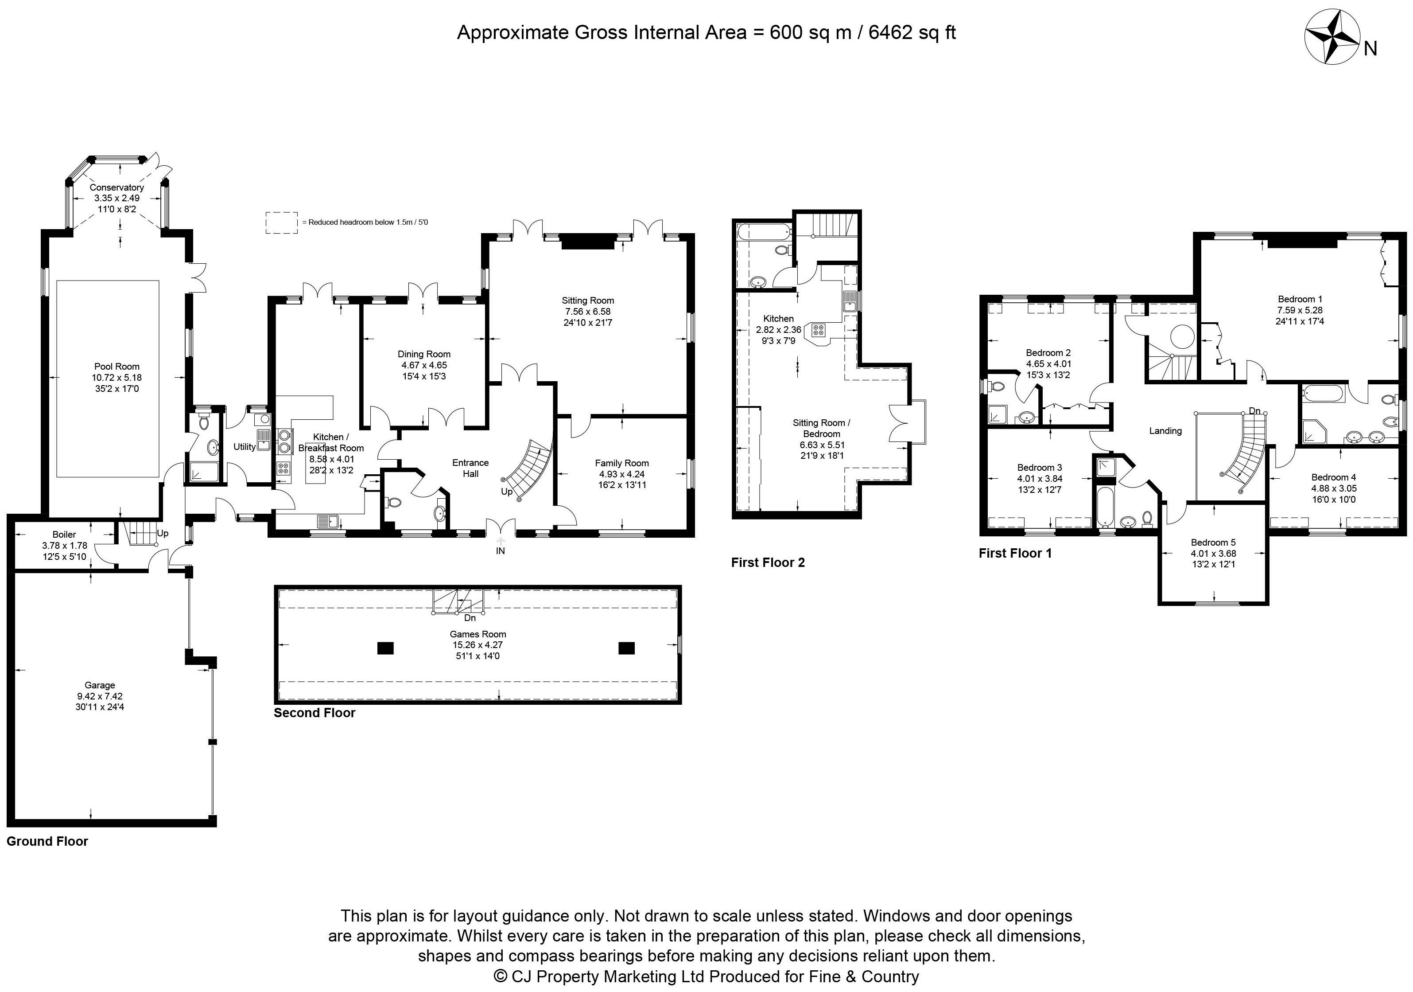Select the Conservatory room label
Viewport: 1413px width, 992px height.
point(116,187)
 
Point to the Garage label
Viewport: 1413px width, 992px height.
point(100,685)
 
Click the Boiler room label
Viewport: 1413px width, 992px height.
point(64,535)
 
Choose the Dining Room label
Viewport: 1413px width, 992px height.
point(424,354)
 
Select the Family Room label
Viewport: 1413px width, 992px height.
point(621,463)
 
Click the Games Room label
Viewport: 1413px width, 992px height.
point(477,633)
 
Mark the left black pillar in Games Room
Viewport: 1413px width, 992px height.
point(385,648)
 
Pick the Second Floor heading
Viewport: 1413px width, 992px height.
point(314,712)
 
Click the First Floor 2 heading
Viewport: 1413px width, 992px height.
point(768,562)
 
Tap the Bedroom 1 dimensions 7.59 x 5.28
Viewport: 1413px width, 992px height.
point(1300,310)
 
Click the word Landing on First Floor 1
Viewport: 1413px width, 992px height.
point(1165,431)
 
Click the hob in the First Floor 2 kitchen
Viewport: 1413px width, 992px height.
point(819,331)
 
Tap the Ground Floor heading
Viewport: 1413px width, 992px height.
point(47,841)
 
